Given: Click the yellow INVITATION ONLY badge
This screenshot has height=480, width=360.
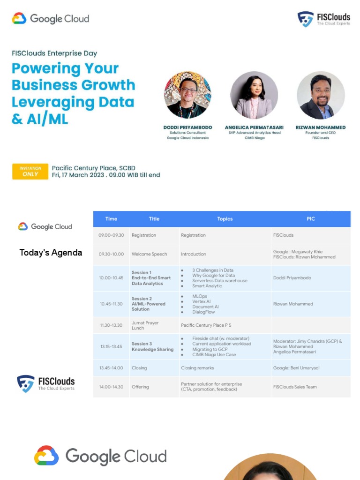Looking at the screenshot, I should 30,172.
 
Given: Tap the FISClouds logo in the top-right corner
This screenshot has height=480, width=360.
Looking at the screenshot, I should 323,19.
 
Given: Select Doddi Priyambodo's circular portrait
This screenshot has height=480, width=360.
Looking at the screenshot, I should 187,95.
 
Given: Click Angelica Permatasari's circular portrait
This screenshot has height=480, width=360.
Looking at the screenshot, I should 254,95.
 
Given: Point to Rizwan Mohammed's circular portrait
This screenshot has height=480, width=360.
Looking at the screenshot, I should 321,95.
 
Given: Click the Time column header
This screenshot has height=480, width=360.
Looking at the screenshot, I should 111,219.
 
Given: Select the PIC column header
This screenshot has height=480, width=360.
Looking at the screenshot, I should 310,219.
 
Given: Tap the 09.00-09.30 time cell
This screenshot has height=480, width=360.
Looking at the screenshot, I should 111,235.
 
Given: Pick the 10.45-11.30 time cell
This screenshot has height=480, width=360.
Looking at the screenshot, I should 111,304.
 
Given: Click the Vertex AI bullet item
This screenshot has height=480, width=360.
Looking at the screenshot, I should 202,301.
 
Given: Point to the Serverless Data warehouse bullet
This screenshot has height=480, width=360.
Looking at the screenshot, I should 219,280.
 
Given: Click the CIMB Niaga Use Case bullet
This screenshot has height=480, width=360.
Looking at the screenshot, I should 214,355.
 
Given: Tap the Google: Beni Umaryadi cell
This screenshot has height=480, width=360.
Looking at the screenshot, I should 296,368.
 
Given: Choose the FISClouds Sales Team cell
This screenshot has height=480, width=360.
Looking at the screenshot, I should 295,387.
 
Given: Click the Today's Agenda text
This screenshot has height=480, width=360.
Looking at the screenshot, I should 51,253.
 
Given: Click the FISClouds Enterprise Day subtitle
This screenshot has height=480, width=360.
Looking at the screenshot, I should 54,53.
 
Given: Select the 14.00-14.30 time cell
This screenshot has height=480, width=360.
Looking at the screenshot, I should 111,387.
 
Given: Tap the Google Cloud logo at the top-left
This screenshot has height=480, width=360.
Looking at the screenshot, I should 50,19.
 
